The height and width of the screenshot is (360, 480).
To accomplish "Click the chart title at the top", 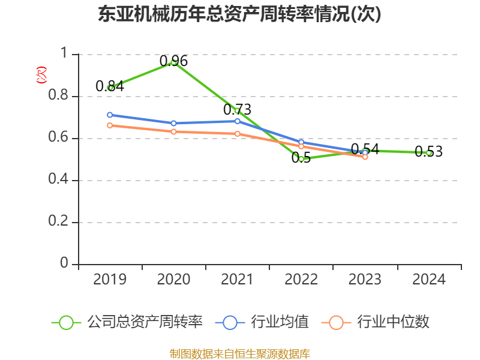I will [x=239, y=14].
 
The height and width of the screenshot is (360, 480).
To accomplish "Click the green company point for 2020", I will [x=174, y=62].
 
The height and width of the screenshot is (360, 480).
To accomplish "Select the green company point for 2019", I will [x=110, y=88].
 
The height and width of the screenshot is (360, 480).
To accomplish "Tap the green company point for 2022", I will [x=301, y=159].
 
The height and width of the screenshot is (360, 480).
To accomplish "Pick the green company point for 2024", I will [x=429, y=153].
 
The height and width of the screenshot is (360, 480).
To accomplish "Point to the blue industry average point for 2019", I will [x=110, y=115].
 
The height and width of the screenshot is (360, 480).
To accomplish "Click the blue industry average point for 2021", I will [x=238, y=121].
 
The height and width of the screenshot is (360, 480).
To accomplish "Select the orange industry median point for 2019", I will [x=110, y=125].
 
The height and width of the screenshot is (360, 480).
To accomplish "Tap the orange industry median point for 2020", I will [x=174, y=131].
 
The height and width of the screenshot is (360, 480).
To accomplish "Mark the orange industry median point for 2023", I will [x=365, y=157].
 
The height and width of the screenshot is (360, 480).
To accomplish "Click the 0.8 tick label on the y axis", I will [x=58, y=96].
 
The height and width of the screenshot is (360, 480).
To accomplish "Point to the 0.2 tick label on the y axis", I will [x=58, y=222].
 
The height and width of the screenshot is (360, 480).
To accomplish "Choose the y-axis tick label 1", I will [x=65, y=54].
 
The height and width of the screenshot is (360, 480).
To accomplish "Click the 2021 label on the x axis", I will [x=238, y=280].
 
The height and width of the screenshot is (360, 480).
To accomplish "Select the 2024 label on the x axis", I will [x=429, y=280].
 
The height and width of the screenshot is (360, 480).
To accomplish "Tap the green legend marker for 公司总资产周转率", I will [x=67, y=322].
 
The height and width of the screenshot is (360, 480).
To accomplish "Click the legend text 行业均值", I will [x=280, y=322].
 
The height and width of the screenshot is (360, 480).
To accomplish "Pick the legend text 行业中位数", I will [x=393, y=322].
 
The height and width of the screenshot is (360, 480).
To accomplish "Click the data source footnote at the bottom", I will [x=239, y=353].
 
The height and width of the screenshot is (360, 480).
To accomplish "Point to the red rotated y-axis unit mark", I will [x=41, y=75].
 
